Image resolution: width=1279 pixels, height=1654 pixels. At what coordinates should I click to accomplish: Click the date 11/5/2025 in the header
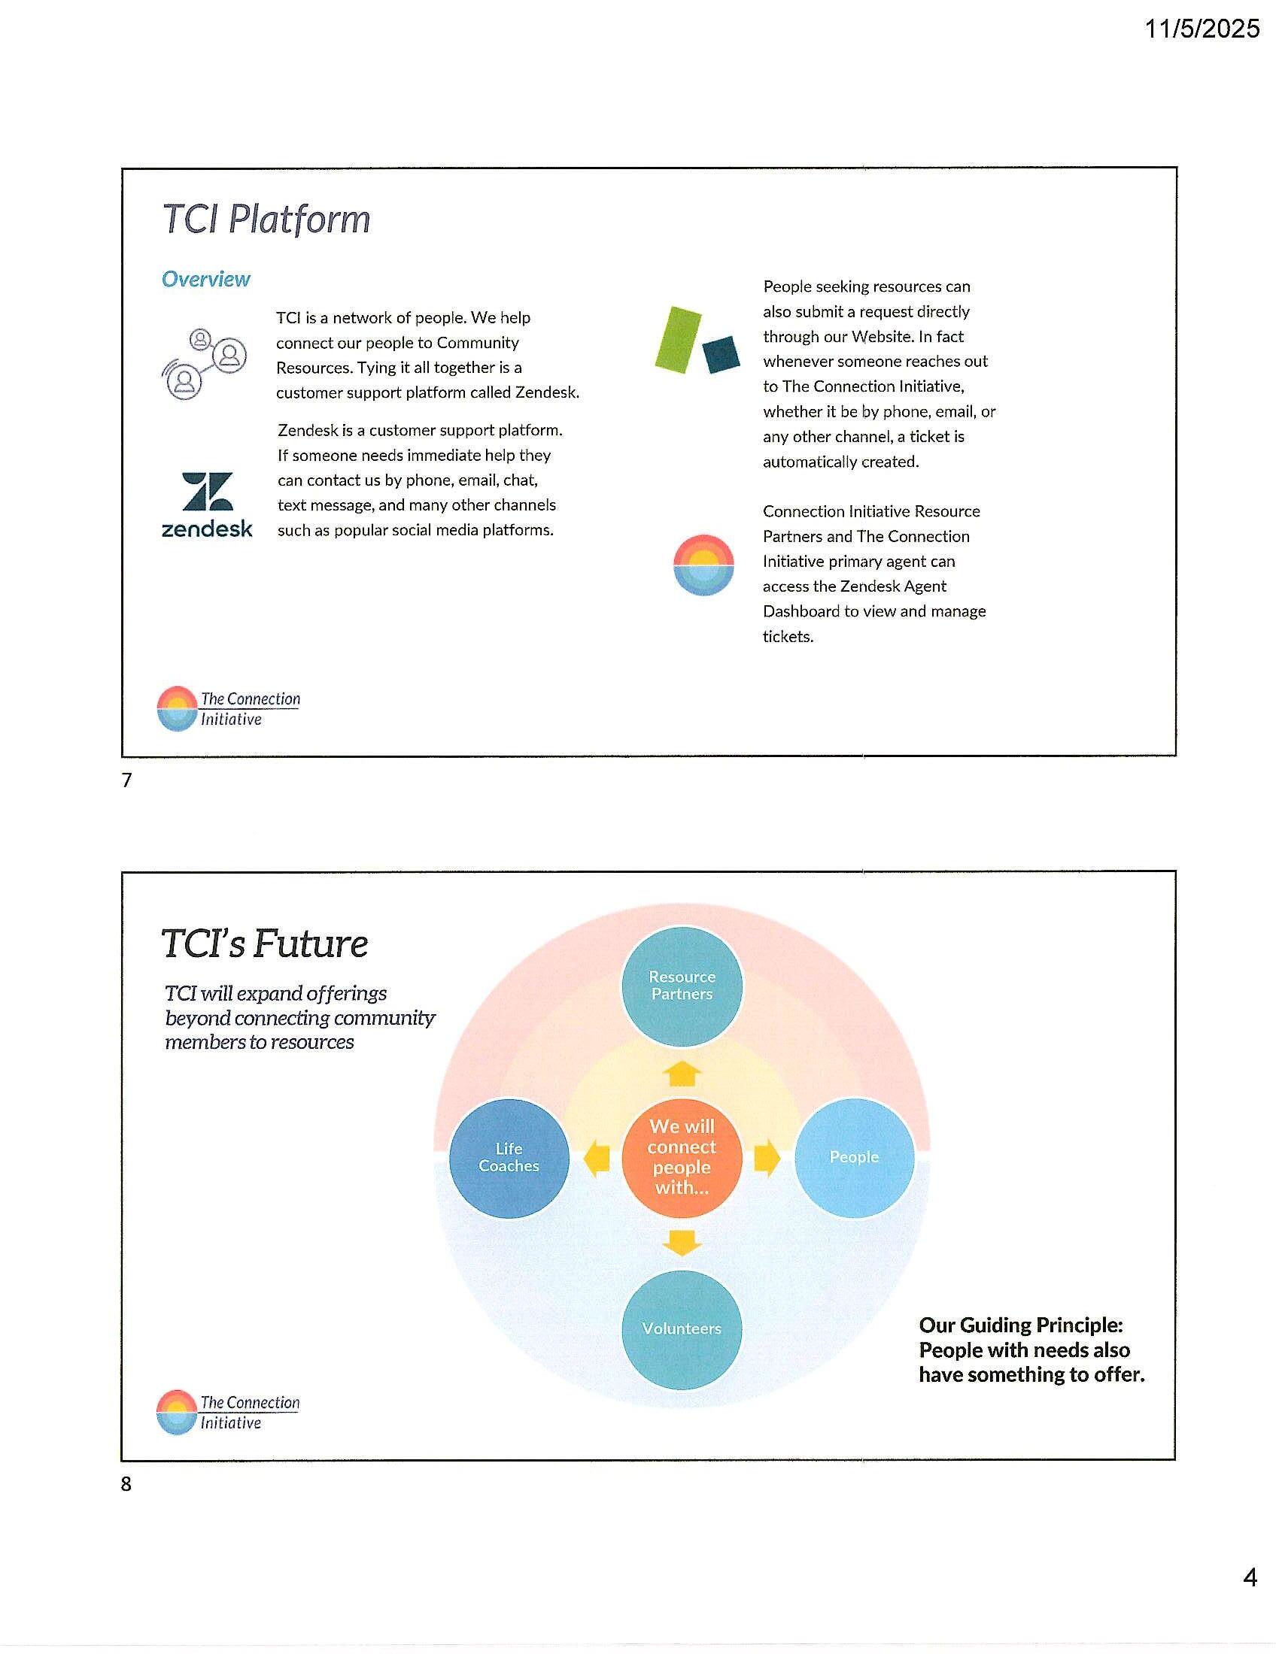click(1201, 29)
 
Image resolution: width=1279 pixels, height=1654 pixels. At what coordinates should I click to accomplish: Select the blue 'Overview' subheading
click(205, 280)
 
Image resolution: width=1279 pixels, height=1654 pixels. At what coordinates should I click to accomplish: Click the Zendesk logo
click(207, 504)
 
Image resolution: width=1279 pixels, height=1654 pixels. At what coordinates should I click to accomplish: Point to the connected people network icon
click(204, 364)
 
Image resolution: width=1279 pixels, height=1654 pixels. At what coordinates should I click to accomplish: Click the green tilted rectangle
click(678, 339)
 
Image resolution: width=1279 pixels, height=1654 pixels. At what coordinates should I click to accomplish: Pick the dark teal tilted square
click(721, 354)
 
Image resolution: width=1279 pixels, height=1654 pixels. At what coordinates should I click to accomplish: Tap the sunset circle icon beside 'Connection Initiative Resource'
click(703, 565)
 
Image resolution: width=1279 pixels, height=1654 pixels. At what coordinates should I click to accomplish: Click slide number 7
click(126, 780)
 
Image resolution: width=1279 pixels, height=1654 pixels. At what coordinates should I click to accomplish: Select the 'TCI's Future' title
click(264, 944)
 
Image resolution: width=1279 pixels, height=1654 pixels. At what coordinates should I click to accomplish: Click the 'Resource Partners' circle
click(682, 986)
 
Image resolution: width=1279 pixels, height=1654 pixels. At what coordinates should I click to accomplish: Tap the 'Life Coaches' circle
click(509, 1157)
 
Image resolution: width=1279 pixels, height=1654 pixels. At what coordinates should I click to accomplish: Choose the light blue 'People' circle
click(854, 1157)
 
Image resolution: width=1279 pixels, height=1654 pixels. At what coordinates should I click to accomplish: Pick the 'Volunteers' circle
click(682, 1328)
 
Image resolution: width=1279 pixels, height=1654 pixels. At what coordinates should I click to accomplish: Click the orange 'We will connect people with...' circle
click(682, 1157)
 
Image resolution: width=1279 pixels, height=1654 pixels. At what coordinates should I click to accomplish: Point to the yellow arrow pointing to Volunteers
click(682, 1243)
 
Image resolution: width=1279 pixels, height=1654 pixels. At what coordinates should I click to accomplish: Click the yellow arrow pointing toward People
click(767, 1157)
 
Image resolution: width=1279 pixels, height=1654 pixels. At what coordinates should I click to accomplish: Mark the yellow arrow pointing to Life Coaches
click(597, 1159)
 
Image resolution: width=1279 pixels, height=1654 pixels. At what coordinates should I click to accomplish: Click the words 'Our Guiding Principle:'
click(1021, 1325)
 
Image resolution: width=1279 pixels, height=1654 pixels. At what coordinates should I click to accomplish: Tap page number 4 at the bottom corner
click(1250, 1577)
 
